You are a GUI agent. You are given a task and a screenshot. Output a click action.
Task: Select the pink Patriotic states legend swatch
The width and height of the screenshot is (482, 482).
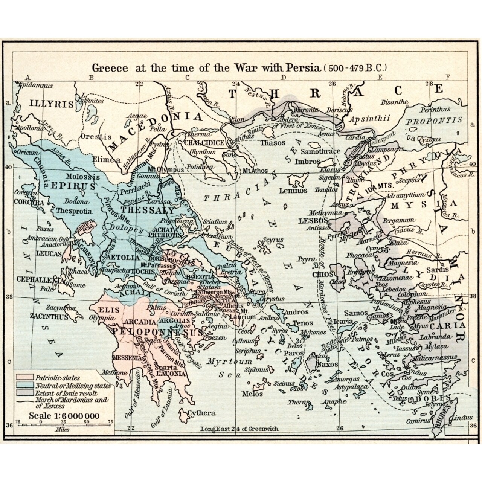(25, 377)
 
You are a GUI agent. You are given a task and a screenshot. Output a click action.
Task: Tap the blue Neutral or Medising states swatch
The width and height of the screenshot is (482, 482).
(25, 386)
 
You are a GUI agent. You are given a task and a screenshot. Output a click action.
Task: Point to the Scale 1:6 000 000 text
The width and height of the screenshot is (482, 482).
(64, 416)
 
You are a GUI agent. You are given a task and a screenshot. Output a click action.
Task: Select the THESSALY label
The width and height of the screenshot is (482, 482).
(148, 210)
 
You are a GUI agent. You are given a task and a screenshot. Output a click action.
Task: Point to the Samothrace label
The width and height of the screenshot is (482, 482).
(320, 151)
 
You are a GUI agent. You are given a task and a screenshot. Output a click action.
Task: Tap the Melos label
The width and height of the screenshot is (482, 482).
(252, 394)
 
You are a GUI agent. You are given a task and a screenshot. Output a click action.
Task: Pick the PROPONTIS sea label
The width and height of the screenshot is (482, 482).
(434, 121)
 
